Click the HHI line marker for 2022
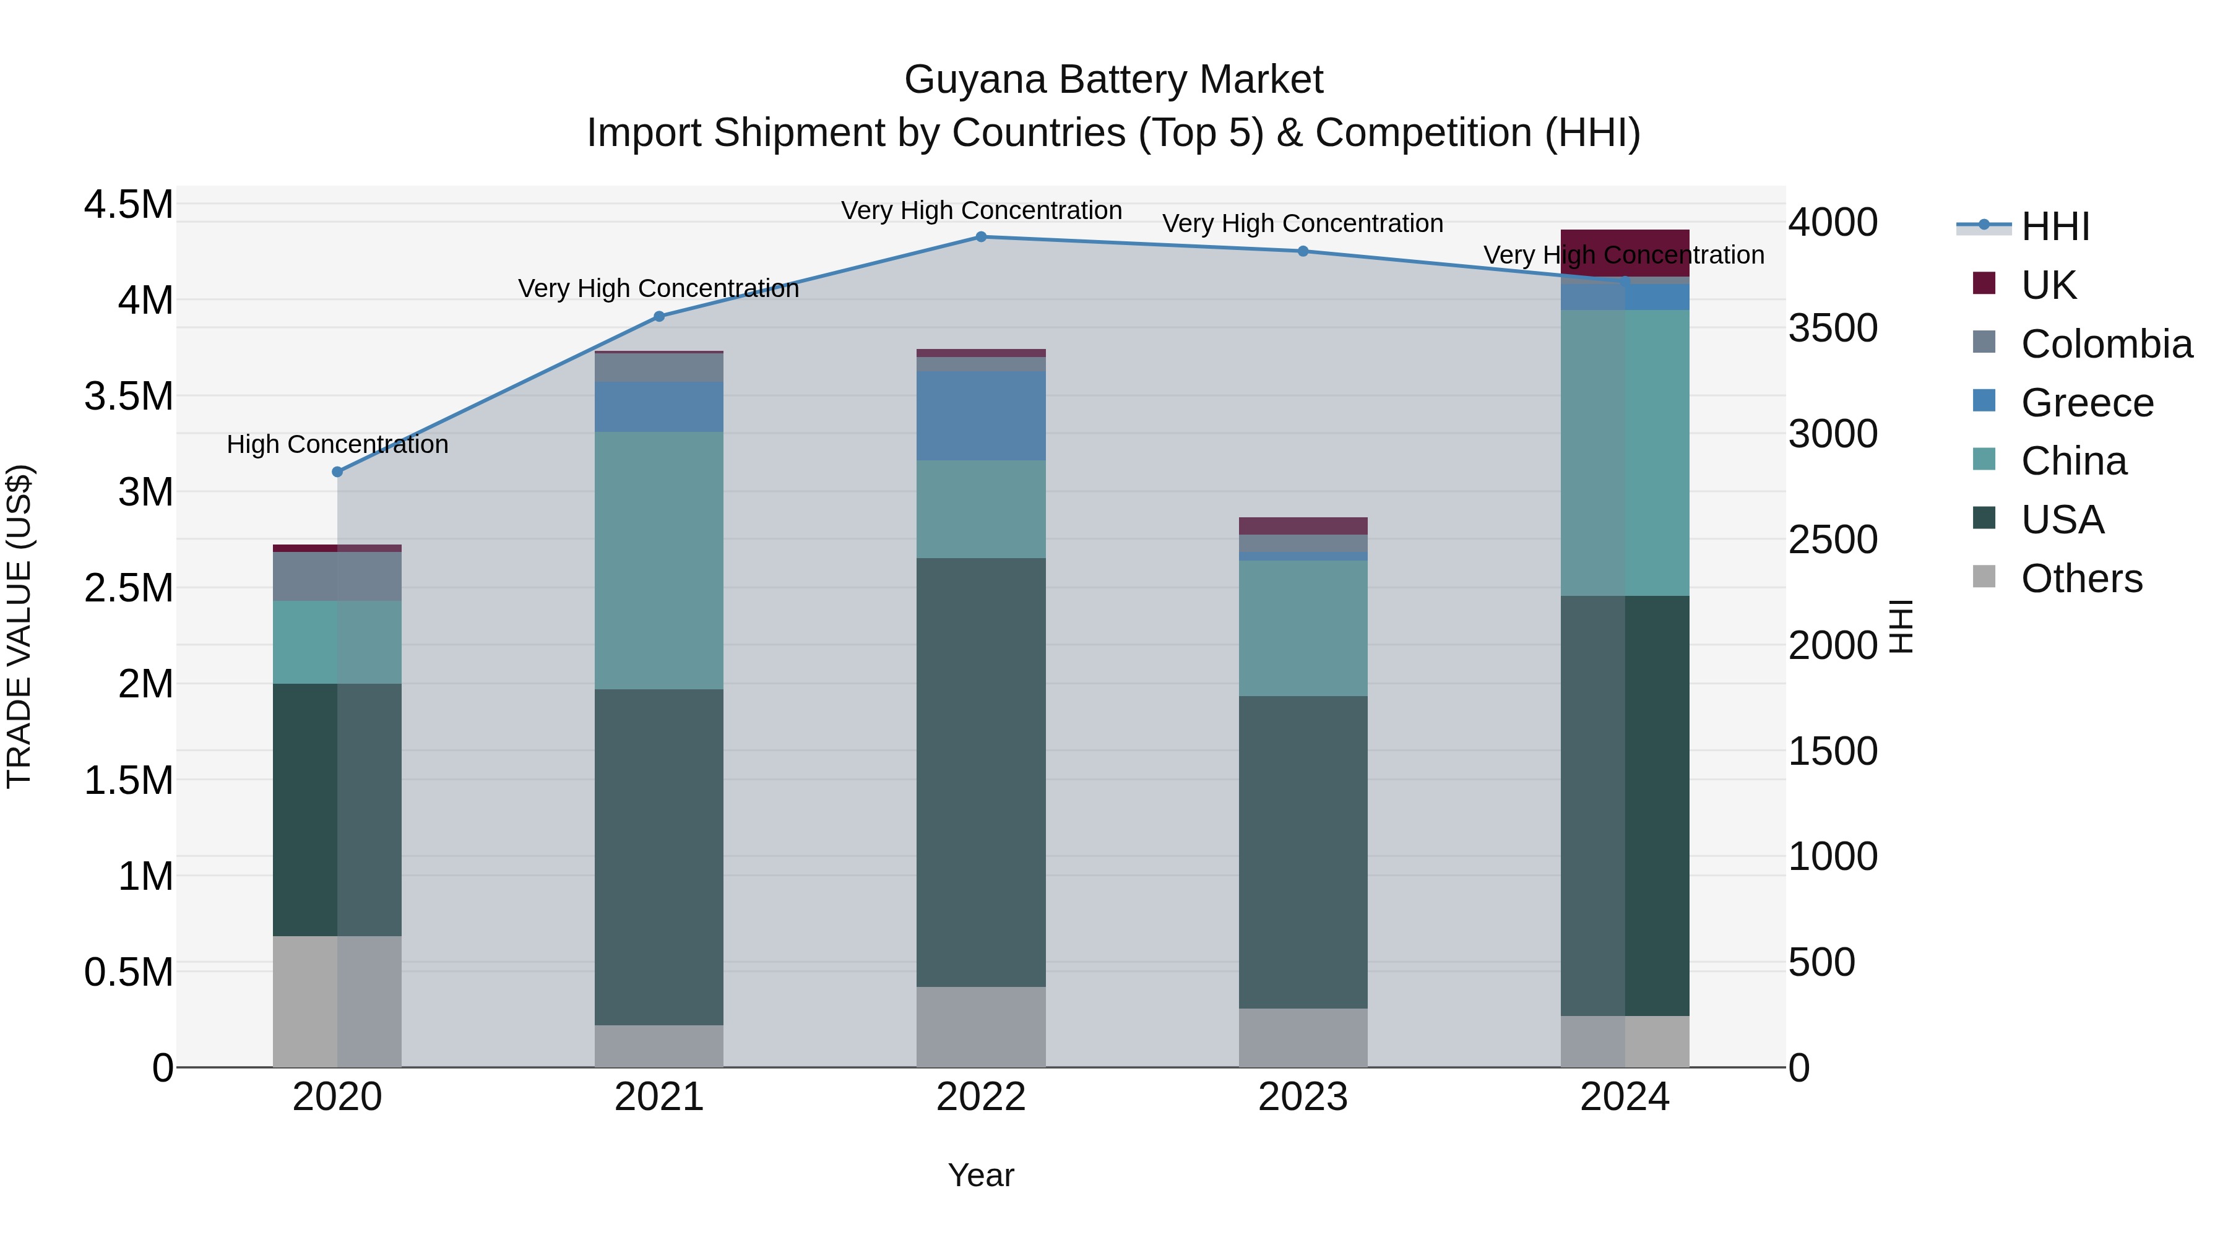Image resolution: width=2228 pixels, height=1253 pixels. pos(981,237)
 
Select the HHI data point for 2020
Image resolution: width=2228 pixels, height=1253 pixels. pos(337,472)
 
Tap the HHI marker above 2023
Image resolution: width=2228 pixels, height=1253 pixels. pos(1303,252)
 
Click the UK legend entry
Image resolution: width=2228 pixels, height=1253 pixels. pos(2048,285)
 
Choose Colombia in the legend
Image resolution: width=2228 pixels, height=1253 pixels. pos(2106,344)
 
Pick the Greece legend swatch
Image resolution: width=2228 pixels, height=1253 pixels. pos(1984,401)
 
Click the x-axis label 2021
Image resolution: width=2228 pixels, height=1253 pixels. pos(659,1097)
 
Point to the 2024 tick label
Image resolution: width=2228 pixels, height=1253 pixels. pos(1625,1097)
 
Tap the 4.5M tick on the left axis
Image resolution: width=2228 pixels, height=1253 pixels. pos(129,206)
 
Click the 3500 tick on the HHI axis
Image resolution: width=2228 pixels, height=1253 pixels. pos(1833,329)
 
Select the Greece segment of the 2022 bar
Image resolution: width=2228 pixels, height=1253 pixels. pos(981,416)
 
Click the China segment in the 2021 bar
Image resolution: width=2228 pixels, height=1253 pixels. pos(659,561)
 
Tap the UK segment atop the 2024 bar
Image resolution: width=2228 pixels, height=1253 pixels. pos(1625,252)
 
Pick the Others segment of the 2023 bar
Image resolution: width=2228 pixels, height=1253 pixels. pos(1303,1038)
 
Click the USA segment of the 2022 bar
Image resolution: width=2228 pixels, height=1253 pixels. pos(981,772)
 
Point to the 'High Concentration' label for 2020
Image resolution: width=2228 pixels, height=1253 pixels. pos(337,444)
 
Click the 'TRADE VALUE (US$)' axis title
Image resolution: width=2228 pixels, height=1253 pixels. pos(19,627)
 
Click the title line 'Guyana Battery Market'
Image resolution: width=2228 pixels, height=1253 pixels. pos(1113,80)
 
